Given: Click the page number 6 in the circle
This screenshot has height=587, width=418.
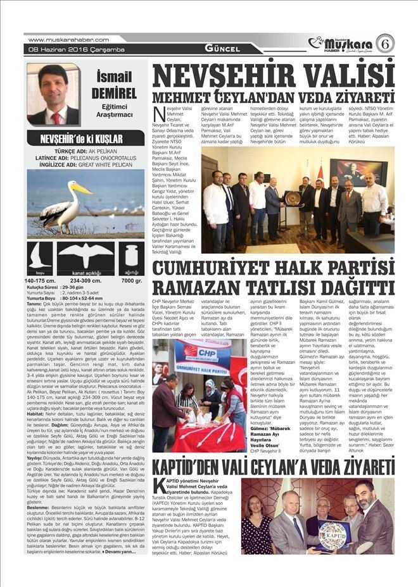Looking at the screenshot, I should coord(384,43).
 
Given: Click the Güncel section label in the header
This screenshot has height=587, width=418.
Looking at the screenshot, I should coord(222,48).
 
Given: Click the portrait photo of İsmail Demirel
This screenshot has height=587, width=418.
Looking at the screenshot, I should coord(54,94).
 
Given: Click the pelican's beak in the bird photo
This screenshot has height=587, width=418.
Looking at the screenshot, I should coord(80,189).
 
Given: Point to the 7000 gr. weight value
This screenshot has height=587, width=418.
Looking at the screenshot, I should coord(131,280).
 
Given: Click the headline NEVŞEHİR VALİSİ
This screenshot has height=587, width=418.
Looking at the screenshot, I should coord(273,77).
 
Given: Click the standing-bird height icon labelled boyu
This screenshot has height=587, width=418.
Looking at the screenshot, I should coord(40,258).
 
